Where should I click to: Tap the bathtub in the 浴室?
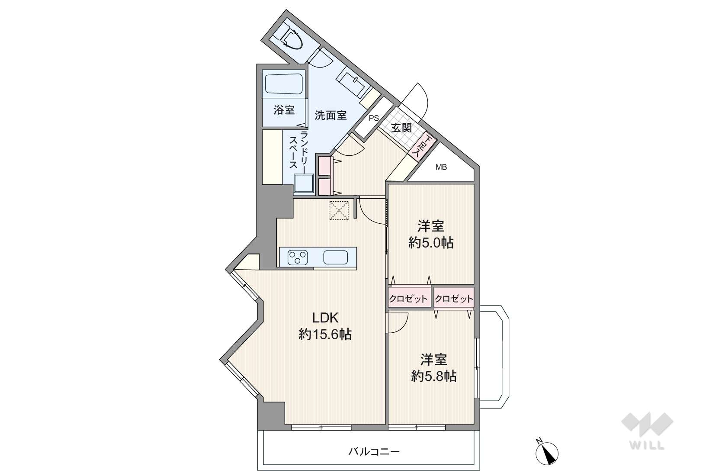point(284,84)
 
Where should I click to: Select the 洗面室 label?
point(330,115)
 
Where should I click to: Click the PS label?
point(374,118)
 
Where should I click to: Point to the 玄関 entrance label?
point(401,128)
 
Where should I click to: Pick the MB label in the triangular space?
point(441,167)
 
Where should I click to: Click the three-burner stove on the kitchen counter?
point(297,257)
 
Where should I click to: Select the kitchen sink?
point(336,257)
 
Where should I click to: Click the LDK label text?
point(326,318)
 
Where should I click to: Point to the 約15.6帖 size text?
point(325,335)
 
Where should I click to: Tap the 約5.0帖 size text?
point(431,243)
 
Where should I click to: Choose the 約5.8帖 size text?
point(433,376)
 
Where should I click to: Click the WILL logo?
point(647,430)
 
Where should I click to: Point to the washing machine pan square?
point(304,183)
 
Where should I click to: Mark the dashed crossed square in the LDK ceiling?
point(339,211)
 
